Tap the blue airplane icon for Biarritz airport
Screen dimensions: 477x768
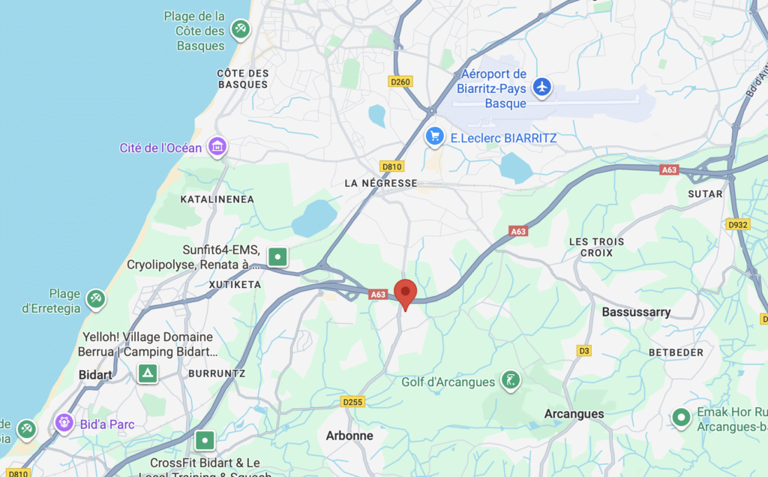click(541, 88)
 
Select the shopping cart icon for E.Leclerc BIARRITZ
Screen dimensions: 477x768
click(434, 136)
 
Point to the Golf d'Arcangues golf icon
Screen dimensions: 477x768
click(511, 381)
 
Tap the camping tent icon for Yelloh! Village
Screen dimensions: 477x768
click(148, 373)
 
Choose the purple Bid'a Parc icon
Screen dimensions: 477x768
click(64, 424)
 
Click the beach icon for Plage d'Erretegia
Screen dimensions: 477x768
click(95, 299)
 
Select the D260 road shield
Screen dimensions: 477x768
click(400, 81)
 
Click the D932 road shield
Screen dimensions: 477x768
click(738, 223)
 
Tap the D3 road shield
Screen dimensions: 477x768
click(584, 350)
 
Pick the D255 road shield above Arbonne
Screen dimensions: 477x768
click(352, 403)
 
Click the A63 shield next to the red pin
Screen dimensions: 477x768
click(377, 295)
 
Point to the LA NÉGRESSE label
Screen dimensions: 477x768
click(380, 183)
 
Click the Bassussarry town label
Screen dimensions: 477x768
click(636, 311)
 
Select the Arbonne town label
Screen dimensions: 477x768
click(349, 435)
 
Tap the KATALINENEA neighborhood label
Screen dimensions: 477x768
click(217, 199)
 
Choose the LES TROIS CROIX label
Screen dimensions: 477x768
click(596, 247)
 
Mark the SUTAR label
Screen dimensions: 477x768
click(705, 193)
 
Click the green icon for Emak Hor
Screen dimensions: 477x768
click(681, 417)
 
